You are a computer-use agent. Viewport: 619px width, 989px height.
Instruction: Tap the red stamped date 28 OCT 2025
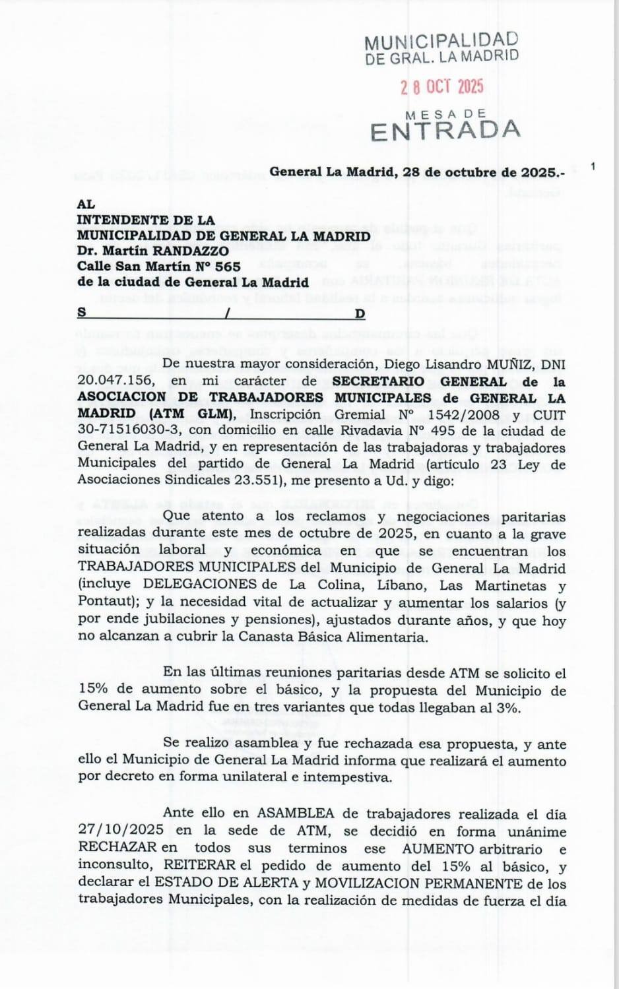(442, 87)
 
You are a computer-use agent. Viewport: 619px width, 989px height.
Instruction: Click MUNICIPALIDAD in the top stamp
(441, 42)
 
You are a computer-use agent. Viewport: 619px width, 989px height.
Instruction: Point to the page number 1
(593, 166)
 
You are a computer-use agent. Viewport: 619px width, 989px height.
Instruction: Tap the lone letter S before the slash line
(82, 312)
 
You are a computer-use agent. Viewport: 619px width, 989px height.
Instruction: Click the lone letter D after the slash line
(360, 314)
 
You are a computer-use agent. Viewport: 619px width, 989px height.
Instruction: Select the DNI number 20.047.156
(116, 380)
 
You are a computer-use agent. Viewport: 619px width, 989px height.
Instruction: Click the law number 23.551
(250, 480)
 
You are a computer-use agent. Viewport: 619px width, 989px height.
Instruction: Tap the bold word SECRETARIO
(378, 381)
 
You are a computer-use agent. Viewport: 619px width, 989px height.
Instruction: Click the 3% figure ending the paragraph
(508, 708)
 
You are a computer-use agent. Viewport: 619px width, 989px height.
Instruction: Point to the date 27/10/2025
(121, 831)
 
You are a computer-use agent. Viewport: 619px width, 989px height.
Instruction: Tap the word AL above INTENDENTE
(86, 205)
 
